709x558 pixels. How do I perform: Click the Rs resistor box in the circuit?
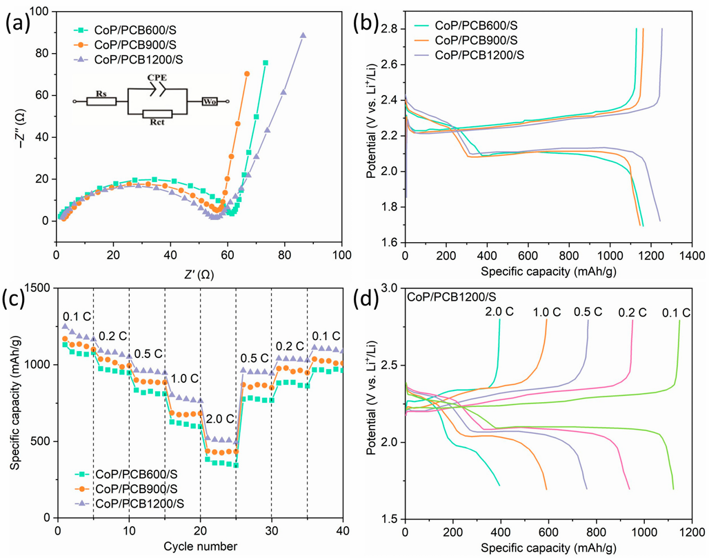tap(101, 102)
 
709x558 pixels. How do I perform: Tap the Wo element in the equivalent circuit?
tap(210, 102)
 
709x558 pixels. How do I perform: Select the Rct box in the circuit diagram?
tap(157, 114)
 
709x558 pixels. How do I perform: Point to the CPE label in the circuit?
tap(157, 78)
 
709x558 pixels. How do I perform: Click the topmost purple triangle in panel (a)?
tap(303, 35)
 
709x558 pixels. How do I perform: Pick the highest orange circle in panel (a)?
tap(247, 74)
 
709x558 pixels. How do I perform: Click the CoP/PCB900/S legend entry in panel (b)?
tap(466, 40)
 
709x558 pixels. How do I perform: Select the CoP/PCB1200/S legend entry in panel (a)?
tap(128, 60)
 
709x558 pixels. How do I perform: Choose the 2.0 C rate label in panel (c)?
tap(220, 419)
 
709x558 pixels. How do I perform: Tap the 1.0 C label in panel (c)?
tap(184, 379)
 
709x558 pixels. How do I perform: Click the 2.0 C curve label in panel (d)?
tap(499, 312)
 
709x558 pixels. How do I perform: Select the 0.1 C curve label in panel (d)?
tap(677, 313)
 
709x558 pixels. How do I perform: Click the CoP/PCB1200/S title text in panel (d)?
tap(452, 297)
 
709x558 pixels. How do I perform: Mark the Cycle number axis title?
tap(200, 546)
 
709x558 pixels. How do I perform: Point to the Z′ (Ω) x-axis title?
tap(199, 274)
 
